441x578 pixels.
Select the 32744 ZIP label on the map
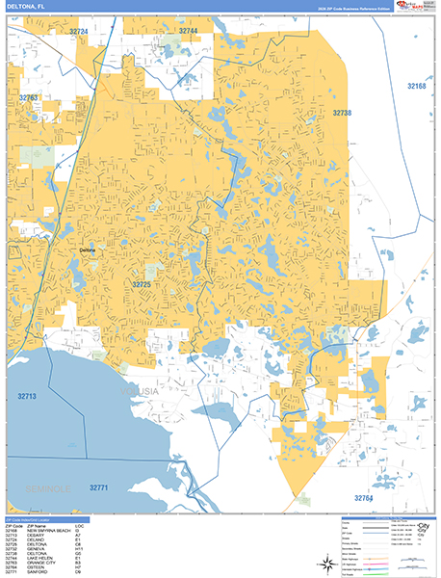coord(188,31)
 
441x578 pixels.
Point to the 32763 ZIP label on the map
coord(28,97)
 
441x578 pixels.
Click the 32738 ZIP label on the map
coord(343,113)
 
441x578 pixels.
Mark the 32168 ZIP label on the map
coord(416,87)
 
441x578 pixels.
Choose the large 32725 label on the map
coord(143,284)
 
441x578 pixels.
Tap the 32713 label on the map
coord(26,396)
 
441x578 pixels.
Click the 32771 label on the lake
coord(101,488)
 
